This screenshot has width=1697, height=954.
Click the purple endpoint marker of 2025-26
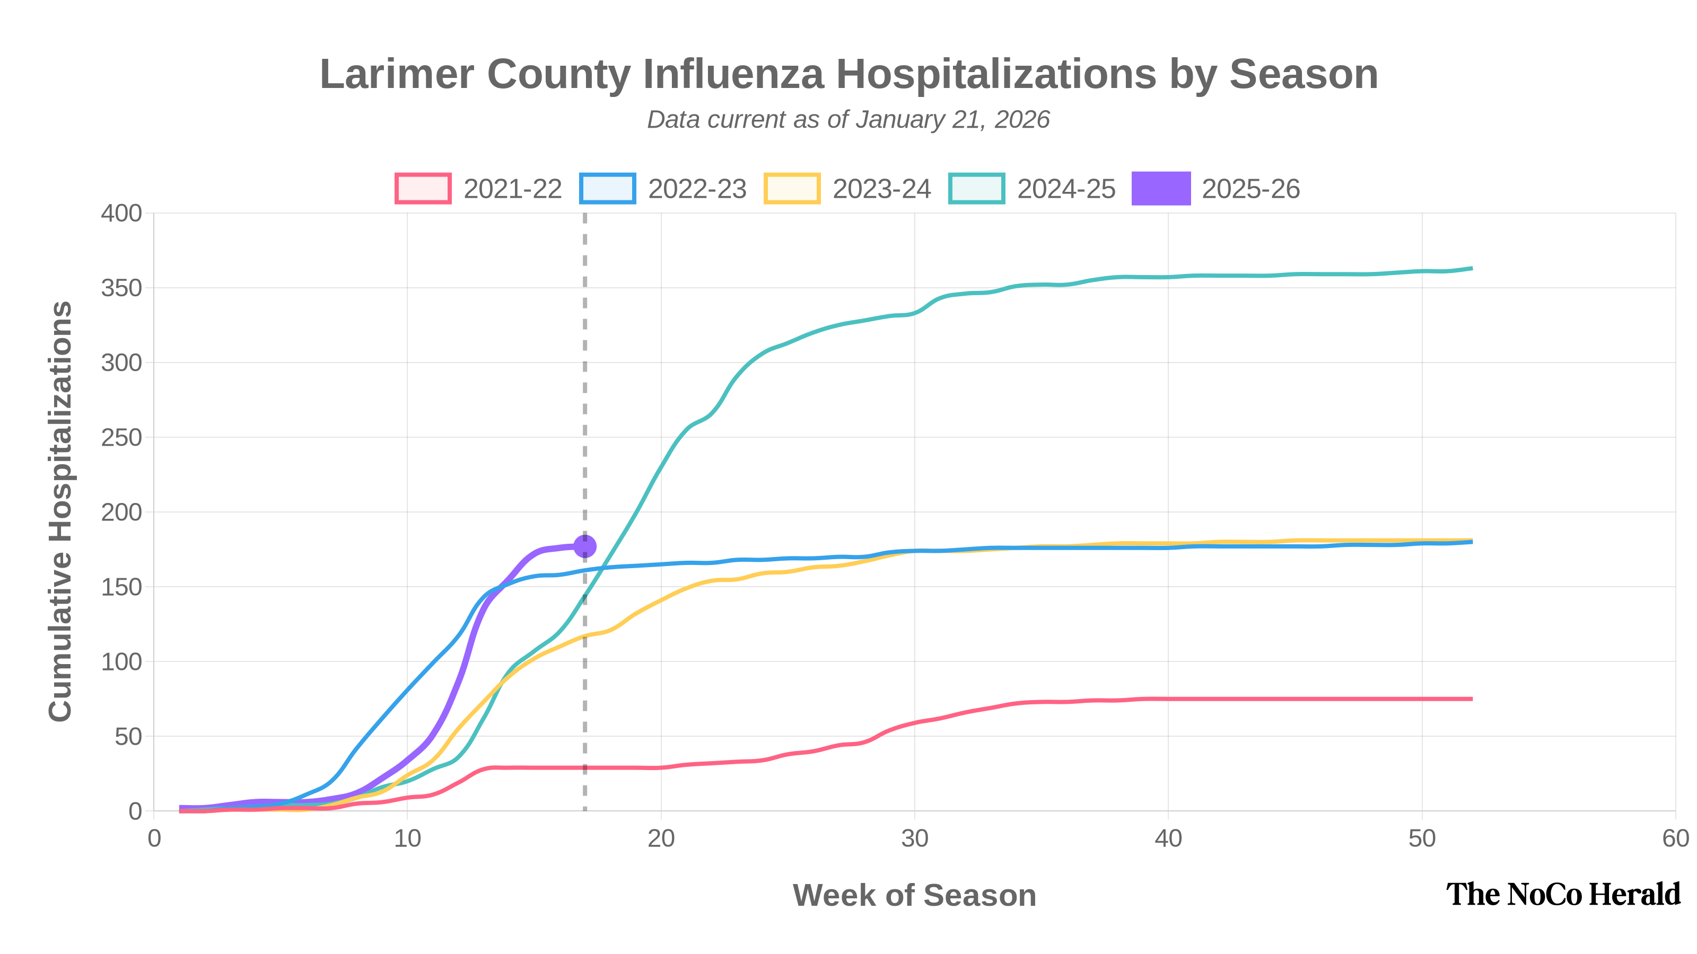(585, 546)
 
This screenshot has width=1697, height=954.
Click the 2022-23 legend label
(697, 189)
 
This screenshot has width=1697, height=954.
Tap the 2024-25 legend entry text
(1066, 189)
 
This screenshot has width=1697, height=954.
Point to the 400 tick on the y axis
(121, 213)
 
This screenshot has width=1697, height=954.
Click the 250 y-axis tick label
(121, 438)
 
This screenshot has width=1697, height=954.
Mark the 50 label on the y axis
(128, 737)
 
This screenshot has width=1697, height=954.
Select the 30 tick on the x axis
(914, 839)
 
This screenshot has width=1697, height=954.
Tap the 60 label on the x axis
(1675, 839)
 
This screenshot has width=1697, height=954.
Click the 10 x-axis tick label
(407, 839)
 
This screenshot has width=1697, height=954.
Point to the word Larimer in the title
(397, 74)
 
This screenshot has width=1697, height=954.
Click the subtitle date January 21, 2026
(952, 120)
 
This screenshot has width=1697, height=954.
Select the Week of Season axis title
(914, 895)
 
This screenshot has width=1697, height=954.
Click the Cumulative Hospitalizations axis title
(60, 511)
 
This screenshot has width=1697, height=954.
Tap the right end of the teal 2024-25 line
(1471, 269)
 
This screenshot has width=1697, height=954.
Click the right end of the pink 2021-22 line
(1471, 699)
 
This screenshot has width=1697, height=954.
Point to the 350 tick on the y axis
(121, 288)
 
